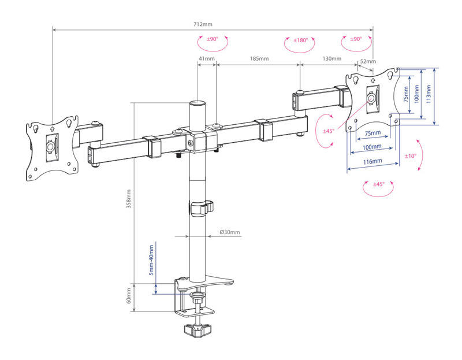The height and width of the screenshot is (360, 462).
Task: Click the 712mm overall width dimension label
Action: click(x=203, y=24)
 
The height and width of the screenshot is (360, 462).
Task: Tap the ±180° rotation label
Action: click(x=300, y=40)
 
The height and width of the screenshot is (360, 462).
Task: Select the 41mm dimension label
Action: click(x=207, y=58)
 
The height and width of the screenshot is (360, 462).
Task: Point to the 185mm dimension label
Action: click(x=259, y=58)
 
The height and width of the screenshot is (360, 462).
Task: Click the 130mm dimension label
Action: click(x=331, y=58)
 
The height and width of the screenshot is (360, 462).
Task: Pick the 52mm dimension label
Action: click(x=368, y=61)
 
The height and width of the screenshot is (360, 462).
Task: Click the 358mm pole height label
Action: click(x=129, y=199)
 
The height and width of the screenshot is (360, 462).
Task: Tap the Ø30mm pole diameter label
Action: click(x=230, y=232)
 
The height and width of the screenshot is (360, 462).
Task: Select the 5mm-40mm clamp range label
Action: click(x=151, y=260)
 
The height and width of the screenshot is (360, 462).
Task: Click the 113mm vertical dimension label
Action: click(x=429, y=94)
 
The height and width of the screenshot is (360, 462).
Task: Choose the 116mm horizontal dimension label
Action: click(x=372, y=162)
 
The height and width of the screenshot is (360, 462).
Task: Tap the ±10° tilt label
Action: click(x=410, y=156)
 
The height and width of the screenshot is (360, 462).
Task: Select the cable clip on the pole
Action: click(x=201, y=208)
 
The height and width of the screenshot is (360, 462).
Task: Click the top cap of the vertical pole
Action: click(x=197, y=103)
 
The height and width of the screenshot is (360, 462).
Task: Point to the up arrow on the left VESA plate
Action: click(x=52, y=128)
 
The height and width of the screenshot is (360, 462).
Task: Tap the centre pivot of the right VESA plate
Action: click(x=371, y=98)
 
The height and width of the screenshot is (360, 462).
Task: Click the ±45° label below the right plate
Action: click(x=379, y=184)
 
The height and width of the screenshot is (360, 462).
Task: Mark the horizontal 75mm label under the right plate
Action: click(x=372, y=133)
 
